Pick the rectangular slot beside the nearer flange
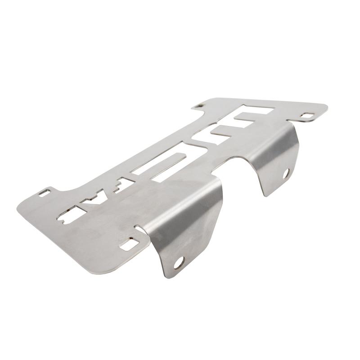[x=131, y=243]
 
